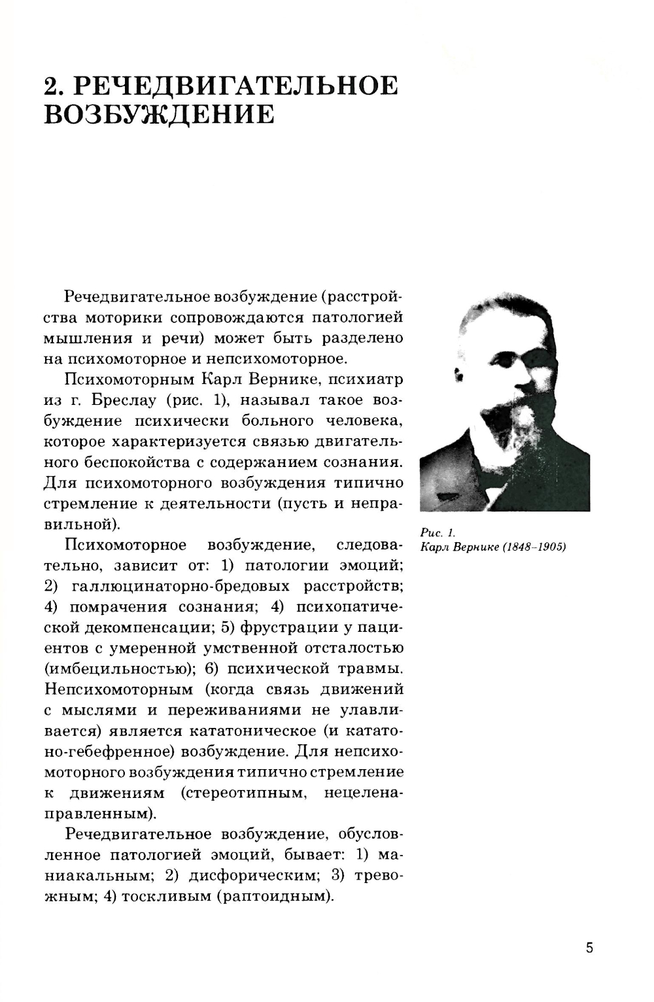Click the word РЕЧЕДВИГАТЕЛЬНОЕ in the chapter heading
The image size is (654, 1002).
pos(237,86)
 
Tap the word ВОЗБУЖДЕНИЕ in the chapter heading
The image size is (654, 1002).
pos(159,114)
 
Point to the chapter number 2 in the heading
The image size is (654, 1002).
pos(52,86)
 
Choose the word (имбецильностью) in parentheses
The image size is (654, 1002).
pos(121,668)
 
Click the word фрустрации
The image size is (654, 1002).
pos(290,627)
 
